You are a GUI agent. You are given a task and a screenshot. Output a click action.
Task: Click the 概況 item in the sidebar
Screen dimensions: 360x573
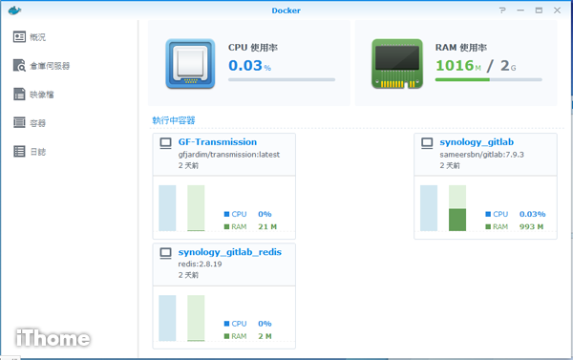37,37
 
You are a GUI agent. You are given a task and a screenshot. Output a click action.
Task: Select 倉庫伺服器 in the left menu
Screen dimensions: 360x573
48,66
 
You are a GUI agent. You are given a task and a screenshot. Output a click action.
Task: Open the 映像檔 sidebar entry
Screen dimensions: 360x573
41,95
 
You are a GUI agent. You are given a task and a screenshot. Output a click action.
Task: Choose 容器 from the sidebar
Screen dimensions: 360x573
37,123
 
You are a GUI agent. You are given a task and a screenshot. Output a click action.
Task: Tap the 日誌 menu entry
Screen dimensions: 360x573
37,152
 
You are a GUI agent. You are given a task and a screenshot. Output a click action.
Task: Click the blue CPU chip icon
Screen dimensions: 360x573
190,63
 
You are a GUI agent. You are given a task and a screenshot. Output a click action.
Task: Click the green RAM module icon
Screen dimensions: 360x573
395,63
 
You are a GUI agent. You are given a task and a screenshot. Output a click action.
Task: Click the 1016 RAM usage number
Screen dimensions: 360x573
455,66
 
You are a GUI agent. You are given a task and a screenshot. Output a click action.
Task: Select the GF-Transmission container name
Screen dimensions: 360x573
217,142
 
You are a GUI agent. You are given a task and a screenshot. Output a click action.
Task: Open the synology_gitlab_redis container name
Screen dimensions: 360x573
236,251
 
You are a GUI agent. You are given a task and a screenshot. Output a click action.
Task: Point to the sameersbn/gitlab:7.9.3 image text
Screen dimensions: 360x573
482,154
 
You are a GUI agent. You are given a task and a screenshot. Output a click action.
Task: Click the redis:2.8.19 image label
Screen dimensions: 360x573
201,263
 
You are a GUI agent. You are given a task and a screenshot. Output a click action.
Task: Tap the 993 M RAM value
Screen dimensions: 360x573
532,226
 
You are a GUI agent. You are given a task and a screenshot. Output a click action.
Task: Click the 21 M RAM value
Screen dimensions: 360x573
267,227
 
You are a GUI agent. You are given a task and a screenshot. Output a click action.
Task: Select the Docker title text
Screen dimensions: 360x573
286,11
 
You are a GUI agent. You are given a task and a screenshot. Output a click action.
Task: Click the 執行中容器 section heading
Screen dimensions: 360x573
173,120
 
